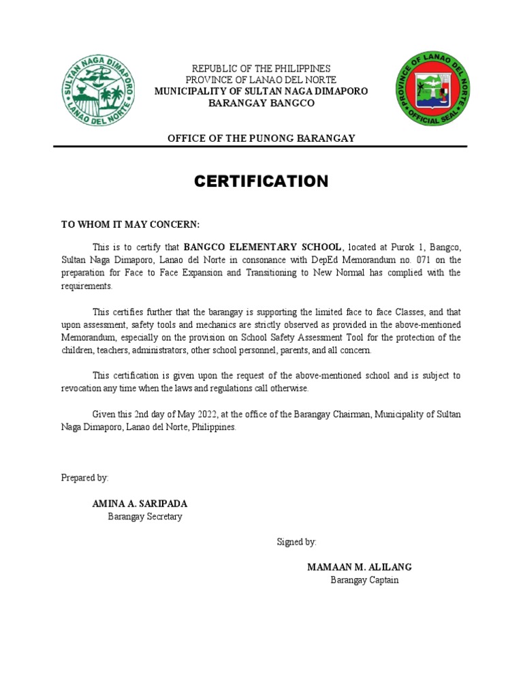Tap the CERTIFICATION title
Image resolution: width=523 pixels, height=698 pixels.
point(261,181)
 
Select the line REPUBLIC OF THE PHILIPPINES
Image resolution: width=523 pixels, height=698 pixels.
point(261,69)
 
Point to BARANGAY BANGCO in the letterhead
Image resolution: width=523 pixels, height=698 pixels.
point(261,103)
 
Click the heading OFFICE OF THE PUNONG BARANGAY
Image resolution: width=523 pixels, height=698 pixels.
point(261,138)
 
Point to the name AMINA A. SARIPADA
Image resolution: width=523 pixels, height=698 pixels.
point(140,504)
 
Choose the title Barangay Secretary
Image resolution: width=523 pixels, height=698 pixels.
point(145,517)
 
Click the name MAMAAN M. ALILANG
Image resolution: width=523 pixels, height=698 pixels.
point(359,567)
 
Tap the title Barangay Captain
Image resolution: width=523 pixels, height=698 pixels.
point(364,580)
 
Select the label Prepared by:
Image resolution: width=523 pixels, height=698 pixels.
point(84,478)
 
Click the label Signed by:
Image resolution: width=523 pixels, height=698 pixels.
point(296,542)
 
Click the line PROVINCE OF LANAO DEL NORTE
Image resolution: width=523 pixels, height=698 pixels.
point(261,80)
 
